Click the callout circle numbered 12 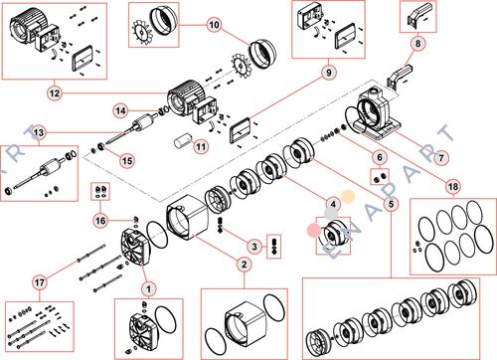click(55, 93)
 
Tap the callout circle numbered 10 click(215, 25)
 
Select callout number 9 click(329, 73)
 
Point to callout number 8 click(417, 44)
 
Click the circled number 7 click(441, 158)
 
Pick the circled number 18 click(453, 187)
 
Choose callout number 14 click(121, 110)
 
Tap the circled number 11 click(201, 146)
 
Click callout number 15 click(127, 161)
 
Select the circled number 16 click(100, 221)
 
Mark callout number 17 click(40, 282)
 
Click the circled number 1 click(148, 289)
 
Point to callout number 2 click(245, 265)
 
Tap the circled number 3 click(254, 247)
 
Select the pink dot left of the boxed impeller click(314, 230)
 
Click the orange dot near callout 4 click(348, 197)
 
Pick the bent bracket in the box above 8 click(418, 15)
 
